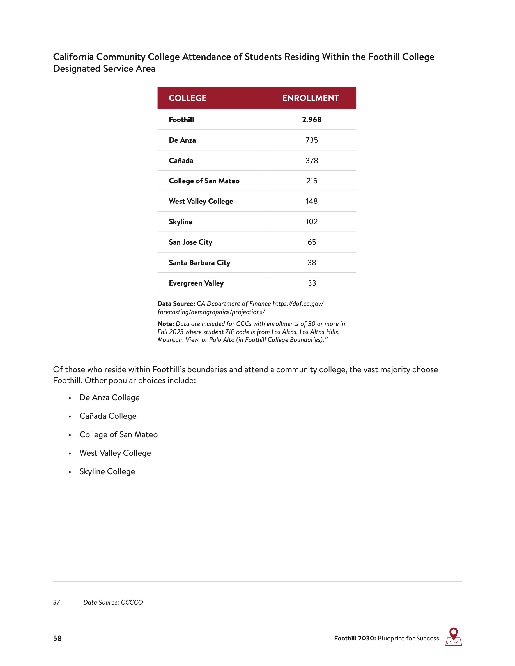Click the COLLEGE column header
tap(188, 98)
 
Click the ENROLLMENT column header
tap(310, 98)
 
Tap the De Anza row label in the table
tap(182, 140)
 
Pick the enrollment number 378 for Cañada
tap(312, 160)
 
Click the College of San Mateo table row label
tap(204, 181)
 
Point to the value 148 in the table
tap(312, 201)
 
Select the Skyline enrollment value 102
tap(312, 222)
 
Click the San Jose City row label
tap(190, 242)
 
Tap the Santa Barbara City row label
tap(199, 263)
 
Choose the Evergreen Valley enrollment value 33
tap(312, 283)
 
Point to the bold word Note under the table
tap(166, 323)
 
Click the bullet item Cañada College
tap(108, 416)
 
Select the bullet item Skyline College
tap(107, 471)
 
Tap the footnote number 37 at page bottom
tap(56, 602)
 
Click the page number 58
tap(57, 638)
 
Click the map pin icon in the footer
tap(453, 636)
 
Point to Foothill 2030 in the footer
tap(355, 638)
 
